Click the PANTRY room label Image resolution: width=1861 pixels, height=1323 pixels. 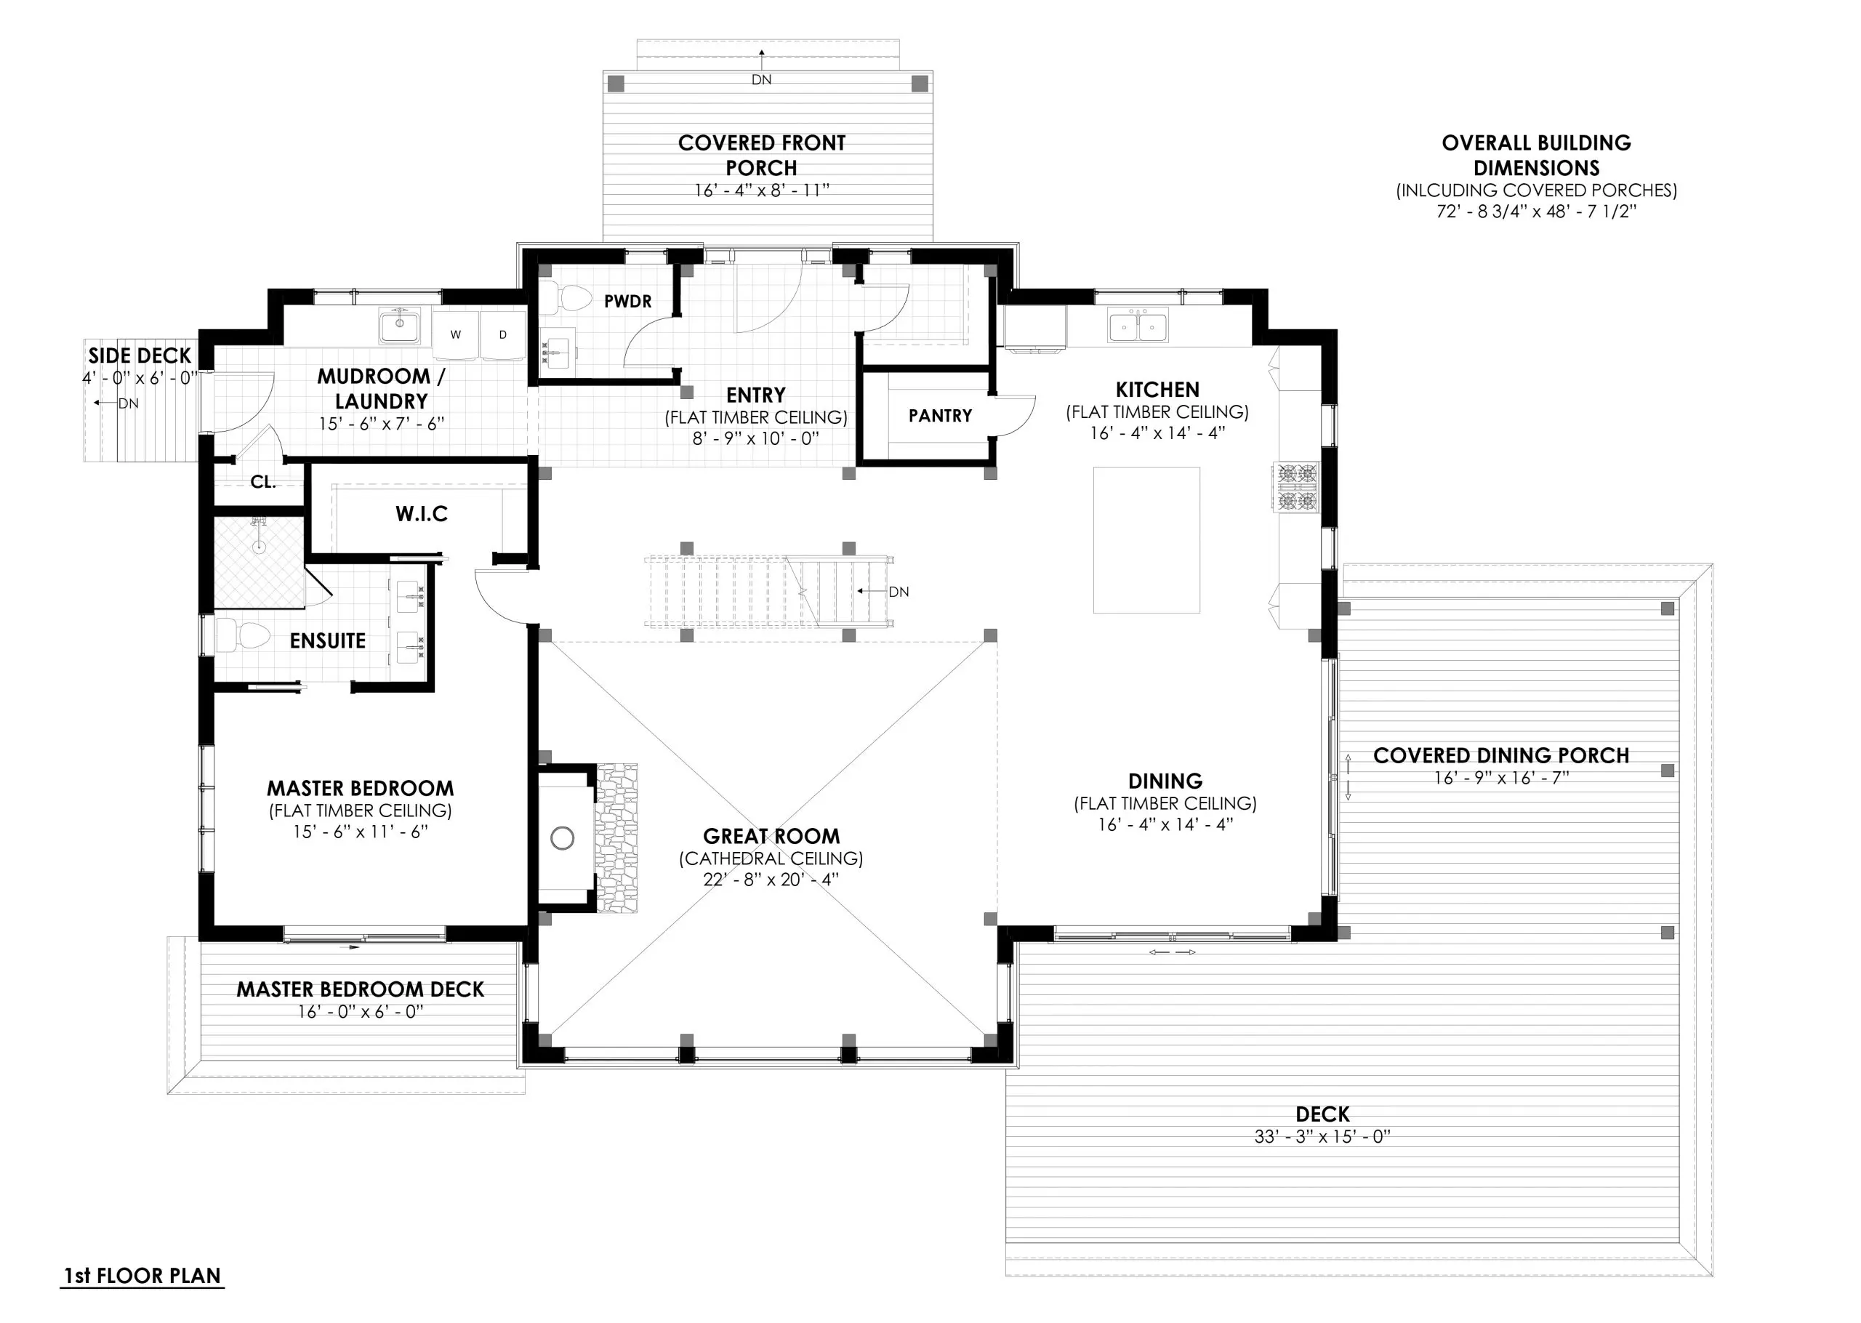click(x=940, y=416)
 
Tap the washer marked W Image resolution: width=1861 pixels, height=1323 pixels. click(x=456, y=334)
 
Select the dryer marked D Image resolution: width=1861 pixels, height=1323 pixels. click(x=502, y=334)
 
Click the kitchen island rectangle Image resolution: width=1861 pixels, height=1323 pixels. click(x=1146, y=539)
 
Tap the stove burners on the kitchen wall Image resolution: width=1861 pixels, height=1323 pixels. click(x=1297, y=487)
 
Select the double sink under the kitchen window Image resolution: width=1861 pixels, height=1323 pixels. click(x=1137, y=326)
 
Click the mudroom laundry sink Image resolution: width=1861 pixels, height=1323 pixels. click(x=399, y=328)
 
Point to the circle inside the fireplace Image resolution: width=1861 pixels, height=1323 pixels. click(x=562, y=837)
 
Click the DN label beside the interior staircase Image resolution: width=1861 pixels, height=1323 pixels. click(x=899, y=592)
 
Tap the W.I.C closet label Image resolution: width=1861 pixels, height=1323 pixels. click(x=422, y=513)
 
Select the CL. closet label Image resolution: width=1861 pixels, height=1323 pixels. click(x=262, y=481)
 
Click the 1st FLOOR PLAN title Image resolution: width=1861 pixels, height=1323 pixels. click(x=142, y=1275)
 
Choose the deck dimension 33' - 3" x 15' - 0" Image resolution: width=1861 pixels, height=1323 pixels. click(x=1322, y=1135)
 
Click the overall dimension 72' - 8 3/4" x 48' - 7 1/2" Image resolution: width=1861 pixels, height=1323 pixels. click(x=1536, y=211)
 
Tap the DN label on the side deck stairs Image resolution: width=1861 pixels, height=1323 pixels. click(x=128, y=403)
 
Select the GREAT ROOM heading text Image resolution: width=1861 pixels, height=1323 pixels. click(x=771, y=836)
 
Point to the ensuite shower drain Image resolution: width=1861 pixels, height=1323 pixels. click(x=259, y=547)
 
